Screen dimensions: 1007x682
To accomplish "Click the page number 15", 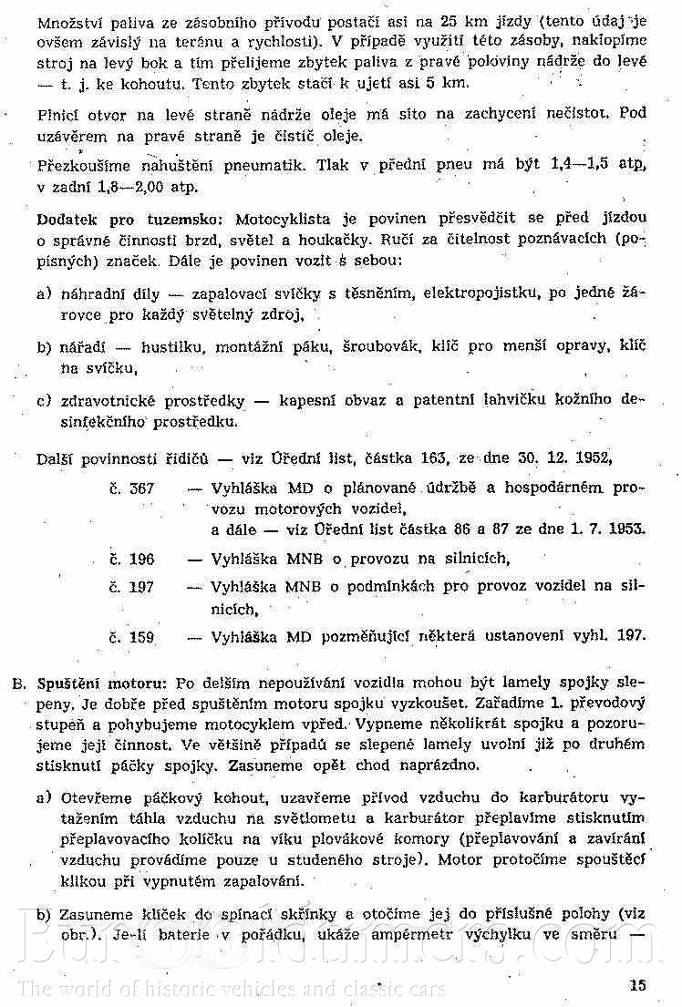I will pyautogui.click(x=636, y=983).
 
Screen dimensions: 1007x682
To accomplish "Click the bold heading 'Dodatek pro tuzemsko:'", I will pyautogui.click(x=131, y=221).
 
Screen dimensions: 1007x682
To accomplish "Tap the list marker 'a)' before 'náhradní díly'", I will pyautogui.click(x=44, y=296).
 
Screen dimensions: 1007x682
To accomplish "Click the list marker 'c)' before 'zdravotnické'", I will pyautogui.click(x=44, y=399).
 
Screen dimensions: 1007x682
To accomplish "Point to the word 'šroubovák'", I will pyautogui.click(x=377, y=348).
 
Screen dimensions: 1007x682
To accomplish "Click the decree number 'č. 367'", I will pyautogui.click(x=131, y=488).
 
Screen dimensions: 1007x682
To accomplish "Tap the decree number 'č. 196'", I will pyautogui.click(x=131, y=559).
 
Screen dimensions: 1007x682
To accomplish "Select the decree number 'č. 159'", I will pyautogui.click(x=131, y=637).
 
